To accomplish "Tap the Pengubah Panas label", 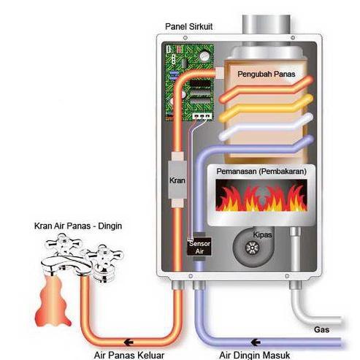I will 265,74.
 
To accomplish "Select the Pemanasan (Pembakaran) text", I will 261,171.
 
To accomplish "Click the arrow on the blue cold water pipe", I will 255,341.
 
